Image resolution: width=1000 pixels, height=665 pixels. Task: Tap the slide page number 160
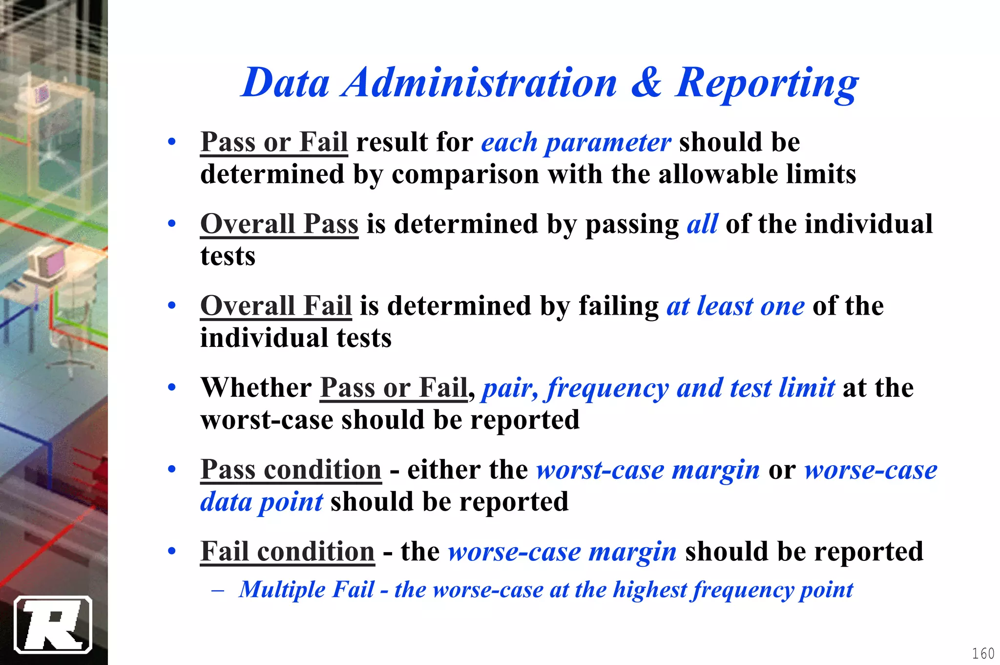[983, 653]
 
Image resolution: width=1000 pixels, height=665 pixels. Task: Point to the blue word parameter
[607, 143]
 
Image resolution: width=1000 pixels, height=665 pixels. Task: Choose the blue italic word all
[702, 224]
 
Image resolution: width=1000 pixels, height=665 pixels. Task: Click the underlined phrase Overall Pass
[279, 224]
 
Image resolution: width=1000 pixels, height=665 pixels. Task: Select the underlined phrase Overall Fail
[276, 306]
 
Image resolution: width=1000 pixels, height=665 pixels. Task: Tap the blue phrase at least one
[735, 306]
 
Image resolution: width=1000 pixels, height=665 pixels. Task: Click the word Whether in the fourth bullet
[256, 388]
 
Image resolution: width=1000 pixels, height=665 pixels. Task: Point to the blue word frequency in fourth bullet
[607, 389]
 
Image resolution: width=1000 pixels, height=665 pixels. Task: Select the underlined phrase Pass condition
[291, 470]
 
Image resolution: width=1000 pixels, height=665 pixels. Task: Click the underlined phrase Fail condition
[288, 552]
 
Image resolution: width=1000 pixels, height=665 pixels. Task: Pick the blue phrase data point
[262, 502]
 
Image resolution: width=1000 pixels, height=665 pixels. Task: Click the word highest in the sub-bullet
[650, 590]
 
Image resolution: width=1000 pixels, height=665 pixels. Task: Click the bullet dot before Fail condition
[171, 551]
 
